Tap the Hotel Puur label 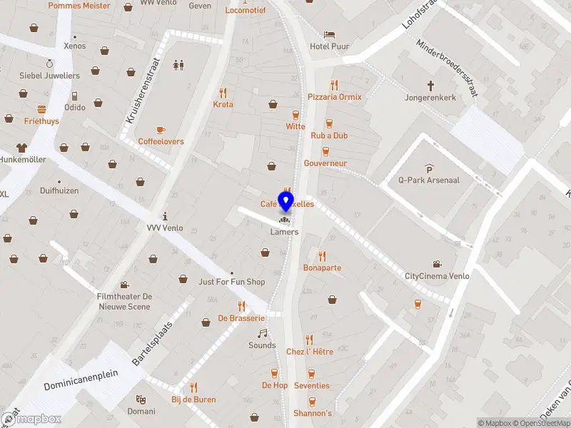point(330,46)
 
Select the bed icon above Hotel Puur point(329,34)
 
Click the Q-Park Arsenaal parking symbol point(429,168)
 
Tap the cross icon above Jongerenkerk point(430,83)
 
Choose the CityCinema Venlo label point(438,276)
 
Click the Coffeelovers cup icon point(161,129)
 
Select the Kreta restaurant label point(223,104)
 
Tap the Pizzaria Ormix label point(335,97)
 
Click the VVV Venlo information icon point(165,216)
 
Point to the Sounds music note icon point(262,333)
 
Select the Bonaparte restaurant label point(322,268)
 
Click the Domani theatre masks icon point(141,399)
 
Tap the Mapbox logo point(31,419)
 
